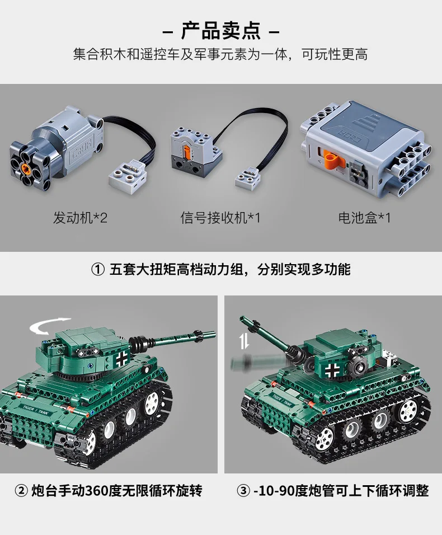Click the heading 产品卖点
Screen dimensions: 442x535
click(220, 31)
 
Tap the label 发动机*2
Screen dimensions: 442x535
click(80, 218)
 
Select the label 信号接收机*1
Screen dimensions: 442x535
click(220, 218)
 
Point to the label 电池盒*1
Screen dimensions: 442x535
click(364, 218)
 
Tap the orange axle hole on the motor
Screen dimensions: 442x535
click(25, 167)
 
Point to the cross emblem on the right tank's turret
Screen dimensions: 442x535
click(332, 370)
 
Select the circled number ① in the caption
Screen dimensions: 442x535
click(98, 270)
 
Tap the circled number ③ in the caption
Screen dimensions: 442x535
click(243, 491)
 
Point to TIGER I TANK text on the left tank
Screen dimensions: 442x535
click(35, 410)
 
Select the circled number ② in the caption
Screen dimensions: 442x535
click(21, 491)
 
